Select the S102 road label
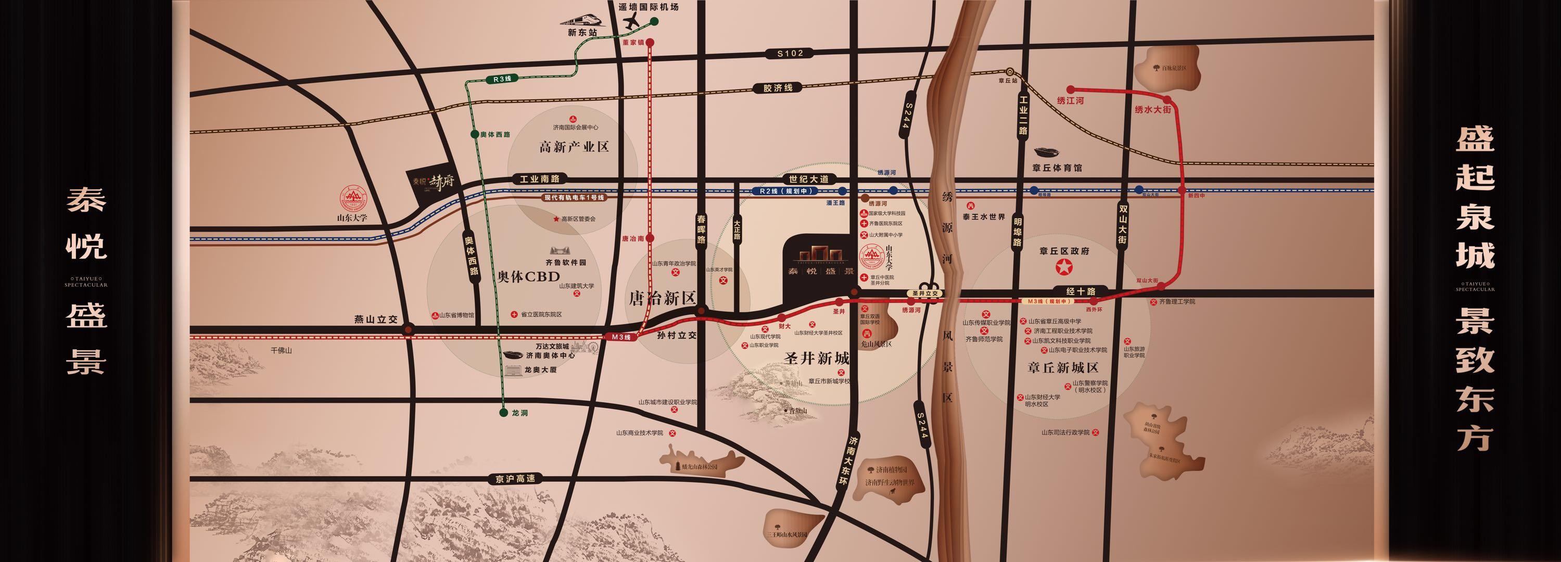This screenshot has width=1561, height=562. click(790, 53)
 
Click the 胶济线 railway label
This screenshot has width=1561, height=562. click(778, 88)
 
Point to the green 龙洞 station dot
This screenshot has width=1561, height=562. click(502, 413)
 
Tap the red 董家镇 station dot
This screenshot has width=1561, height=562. click(650, 43)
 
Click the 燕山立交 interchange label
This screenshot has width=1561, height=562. click(376, 319)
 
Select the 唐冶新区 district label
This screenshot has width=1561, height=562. click(661, 298)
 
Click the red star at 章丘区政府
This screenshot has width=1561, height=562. click(1063, 266)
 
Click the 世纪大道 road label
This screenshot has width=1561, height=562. click(808, 179)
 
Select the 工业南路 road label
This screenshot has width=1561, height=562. click(539, 179)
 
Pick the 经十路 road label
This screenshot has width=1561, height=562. click(1081, 291)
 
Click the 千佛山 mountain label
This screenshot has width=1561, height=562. click(281, 351)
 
